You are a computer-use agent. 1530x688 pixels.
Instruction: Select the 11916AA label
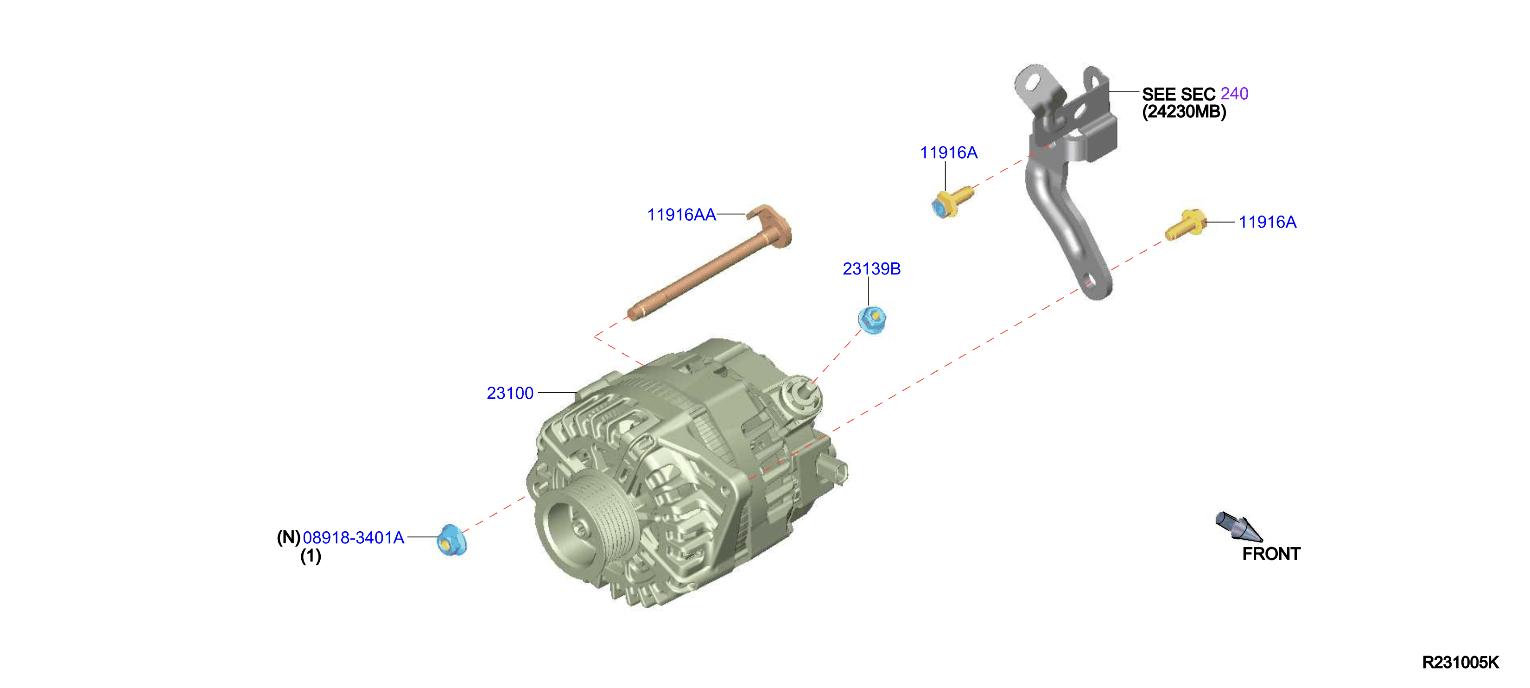point(681,215)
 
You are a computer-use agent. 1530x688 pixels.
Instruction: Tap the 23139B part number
point(871,269)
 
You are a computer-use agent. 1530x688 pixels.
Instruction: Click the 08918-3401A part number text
point(353,538)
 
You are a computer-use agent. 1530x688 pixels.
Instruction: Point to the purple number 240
point(1234,94)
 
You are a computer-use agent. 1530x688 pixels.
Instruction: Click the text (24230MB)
point(1184,112)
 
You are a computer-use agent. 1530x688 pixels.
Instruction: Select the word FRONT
point(1271,554)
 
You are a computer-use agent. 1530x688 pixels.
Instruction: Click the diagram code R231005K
point(1460,663)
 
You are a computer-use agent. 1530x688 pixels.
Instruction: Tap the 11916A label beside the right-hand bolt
point(1268,222)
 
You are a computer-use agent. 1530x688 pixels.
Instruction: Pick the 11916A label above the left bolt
point(948,153)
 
